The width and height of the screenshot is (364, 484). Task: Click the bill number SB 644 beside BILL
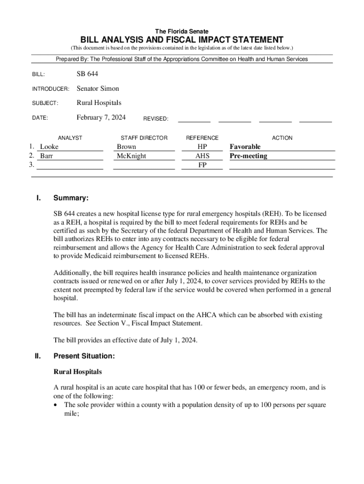(87, 74)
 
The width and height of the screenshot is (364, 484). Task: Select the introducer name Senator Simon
(98, 88)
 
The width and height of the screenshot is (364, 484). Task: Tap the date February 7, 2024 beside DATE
(101, 118)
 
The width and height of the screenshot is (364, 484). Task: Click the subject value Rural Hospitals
(99, 103)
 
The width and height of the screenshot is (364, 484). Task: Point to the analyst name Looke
(49, 147)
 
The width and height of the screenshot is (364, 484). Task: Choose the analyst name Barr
(46, 156)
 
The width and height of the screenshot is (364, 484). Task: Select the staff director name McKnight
(131, 156)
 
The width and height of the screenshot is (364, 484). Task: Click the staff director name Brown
(126, 147)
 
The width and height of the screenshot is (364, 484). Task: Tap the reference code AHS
(202, 156)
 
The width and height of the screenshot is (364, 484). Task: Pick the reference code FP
(202, 165)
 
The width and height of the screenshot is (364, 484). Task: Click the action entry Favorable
(245, 147)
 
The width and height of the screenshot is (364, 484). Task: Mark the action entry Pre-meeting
(248, 156)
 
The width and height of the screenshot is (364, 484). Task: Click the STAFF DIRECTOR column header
(144, 138)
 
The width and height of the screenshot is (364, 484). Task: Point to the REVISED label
(156, 119)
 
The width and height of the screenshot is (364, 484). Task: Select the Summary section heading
(70, 199)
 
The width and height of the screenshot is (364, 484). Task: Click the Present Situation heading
(84, 356)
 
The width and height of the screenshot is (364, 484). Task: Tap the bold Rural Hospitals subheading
(78, 372)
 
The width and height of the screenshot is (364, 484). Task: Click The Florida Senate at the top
(182, 31)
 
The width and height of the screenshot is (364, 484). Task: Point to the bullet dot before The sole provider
(57, 406)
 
